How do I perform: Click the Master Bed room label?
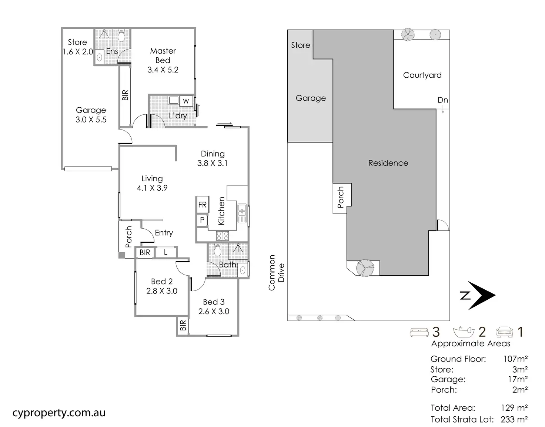point(163,56)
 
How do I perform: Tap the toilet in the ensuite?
point(121,36)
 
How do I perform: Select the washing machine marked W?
point(186,101)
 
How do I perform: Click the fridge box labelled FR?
point(202,205)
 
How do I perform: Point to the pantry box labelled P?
point(202,220)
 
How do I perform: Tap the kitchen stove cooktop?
point(223,236)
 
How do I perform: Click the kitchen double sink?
point(242,213)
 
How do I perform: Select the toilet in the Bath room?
point(217,250)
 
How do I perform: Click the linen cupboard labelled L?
point(165,252)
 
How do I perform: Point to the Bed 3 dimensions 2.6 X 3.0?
point(214,311)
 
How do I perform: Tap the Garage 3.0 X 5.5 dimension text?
point(91,120)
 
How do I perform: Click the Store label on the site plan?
point(301,45)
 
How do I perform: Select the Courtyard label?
point(422,75)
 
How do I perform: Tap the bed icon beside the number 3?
point(419,332)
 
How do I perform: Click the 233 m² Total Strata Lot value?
point(514,420)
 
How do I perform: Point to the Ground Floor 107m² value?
point(515,359)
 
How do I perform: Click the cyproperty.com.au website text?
point(59,413)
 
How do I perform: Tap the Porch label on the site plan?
point(340,197)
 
